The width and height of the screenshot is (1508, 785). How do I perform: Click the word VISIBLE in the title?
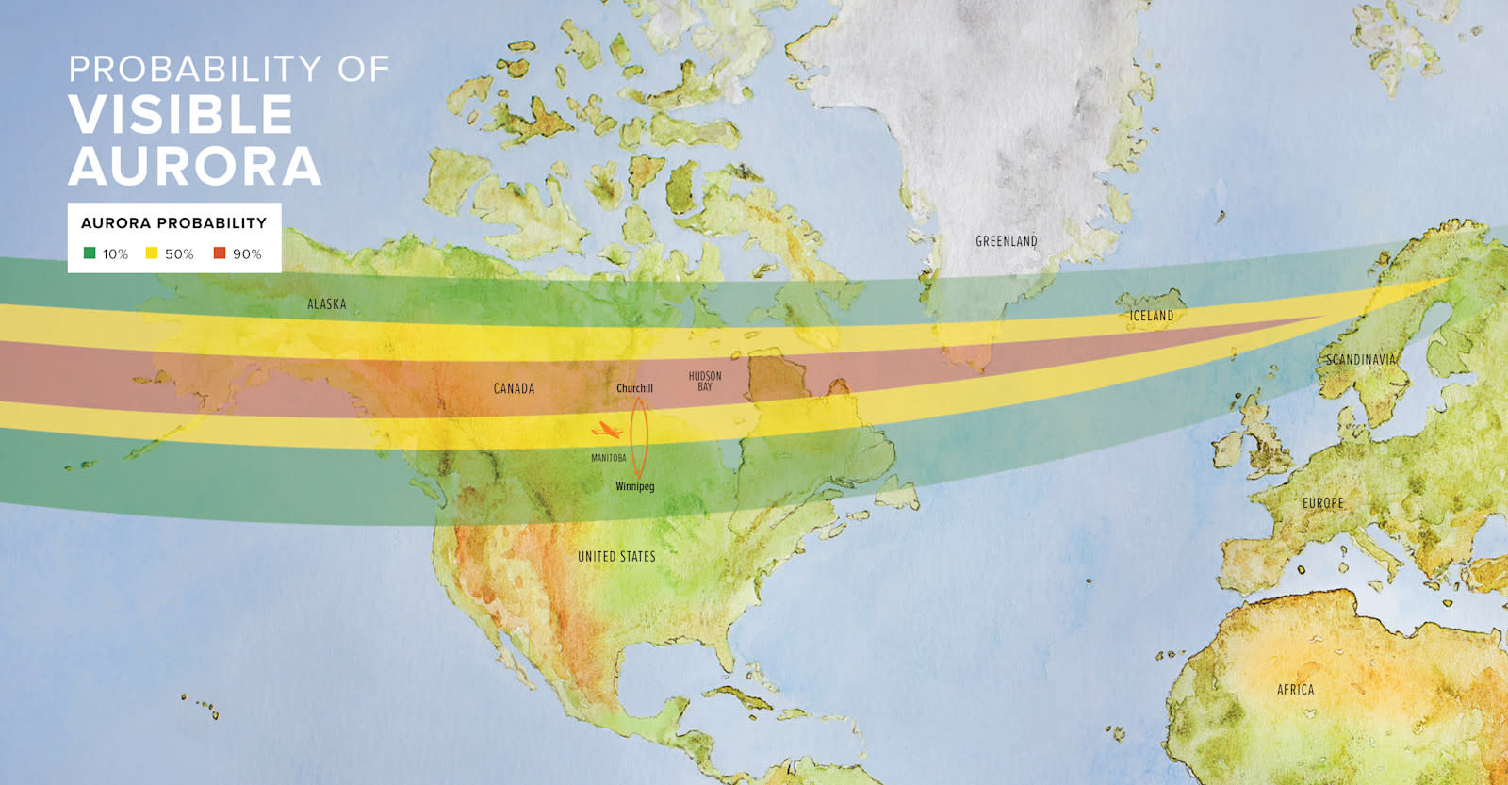pos(181,115)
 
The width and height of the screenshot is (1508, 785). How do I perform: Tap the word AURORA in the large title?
pos(195,167)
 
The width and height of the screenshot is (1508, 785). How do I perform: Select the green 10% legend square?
pos(90,253)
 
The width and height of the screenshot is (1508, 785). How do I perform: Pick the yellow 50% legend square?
pos(152,253)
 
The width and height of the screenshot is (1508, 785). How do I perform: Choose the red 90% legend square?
pos(220,253)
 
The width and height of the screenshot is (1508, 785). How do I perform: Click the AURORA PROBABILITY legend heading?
pos(173,223)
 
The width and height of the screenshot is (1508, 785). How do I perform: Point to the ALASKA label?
pos(326,304)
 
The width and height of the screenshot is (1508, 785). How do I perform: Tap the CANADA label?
pos(514,388)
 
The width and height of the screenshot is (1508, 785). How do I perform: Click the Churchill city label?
pos(634,388)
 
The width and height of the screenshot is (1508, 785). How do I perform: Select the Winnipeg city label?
pos(634,486)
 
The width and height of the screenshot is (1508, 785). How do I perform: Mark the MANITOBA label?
pos(608,458)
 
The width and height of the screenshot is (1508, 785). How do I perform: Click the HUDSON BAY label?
pos(705,381)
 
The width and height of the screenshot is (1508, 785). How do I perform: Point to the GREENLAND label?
pos(1006,241)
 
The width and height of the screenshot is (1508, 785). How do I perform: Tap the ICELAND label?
pos(1151,316)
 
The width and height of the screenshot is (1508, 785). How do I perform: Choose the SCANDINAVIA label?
pos(1360,359)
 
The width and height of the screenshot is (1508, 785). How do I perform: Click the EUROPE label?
pos(1322,503)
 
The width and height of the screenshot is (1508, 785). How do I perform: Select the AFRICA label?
pos(1295,690)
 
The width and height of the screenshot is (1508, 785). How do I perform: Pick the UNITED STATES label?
pos(616,557)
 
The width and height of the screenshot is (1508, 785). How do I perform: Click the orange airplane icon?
pos(606,432)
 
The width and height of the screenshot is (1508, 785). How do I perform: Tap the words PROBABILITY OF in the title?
pos(229,69)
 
